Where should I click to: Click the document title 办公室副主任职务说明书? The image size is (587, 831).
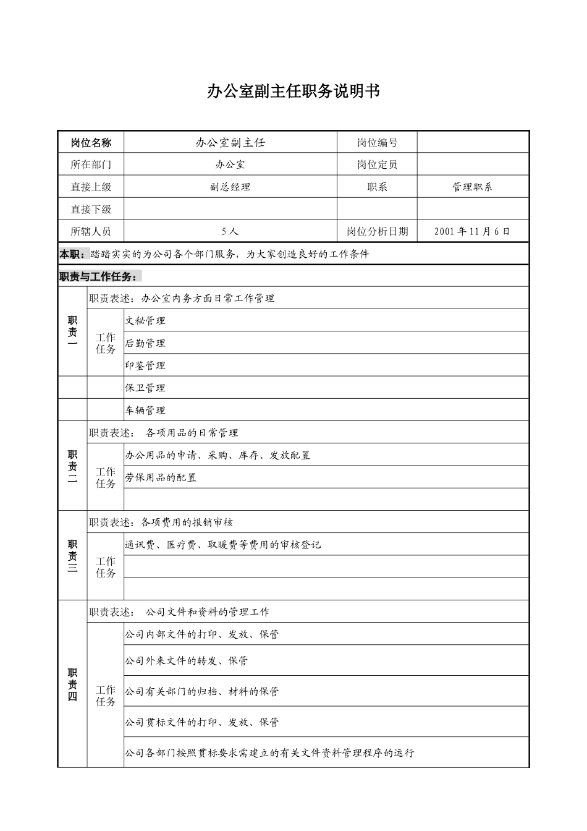[293, 92]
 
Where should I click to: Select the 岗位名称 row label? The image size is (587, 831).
[91, 143]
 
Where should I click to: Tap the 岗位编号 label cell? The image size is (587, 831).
[377, 143]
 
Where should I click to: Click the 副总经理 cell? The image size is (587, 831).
[230, 187]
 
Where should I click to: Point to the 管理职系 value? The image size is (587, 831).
[473, 187]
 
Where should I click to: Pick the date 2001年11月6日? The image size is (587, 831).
[473, 231]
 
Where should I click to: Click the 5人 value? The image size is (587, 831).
[230, 231]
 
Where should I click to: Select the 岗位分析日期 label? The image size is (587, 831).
[377, 231]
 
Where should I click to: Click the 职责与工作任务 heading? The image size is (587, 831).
[99, 276]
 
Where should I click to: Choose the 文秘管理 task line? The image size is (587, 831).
[146, 321]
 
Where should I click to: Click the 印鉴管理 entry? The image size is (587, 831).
[146, 365]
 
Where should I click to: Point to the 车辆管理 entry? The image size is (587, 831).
[146, 410]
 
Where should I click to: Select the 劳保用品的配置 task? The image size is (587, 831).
[161, 477]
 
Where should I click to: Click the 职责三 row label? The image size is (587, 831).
[72, 556]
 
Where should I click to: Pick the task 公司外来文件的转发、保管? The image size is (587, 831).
[187, 660]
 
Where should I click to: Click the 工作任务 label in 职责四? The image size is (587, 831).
[106, 696]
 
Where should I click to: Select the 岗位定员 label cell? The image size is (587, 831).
[377, 164]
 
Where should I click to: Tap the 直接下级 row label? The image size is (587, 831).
[91, 209]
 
